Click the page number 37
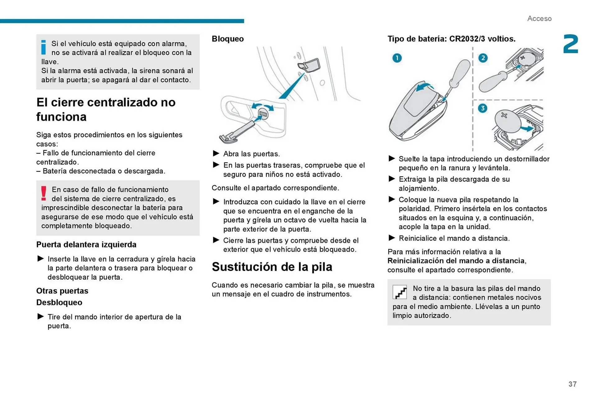point(572,384)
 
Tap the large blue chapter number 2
point(571,44)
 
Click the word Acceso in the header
point(539,19)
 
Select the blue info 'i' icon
point(44,47)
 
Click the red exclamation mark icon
point(44,193)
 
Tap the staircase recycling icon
point(400,292)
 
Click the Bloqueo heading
point(228,39)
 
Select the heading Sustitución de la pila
point(272,267)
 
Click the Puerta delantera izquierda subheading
point(86,245)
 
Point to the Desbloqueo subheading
point(59,302)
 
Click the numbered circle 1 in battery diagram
point(397,58)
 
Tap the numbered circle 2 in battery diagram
point(483,58)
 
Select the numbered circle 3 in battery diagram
point(482,108)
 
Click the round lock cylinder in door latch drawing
point(263,114)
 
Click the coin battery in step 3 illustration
point(507,121)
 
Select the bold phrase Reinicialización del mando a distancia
point(456,261)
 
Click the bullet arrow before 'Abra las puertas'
point(216,153)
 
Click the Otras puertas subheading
point(62,291)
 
